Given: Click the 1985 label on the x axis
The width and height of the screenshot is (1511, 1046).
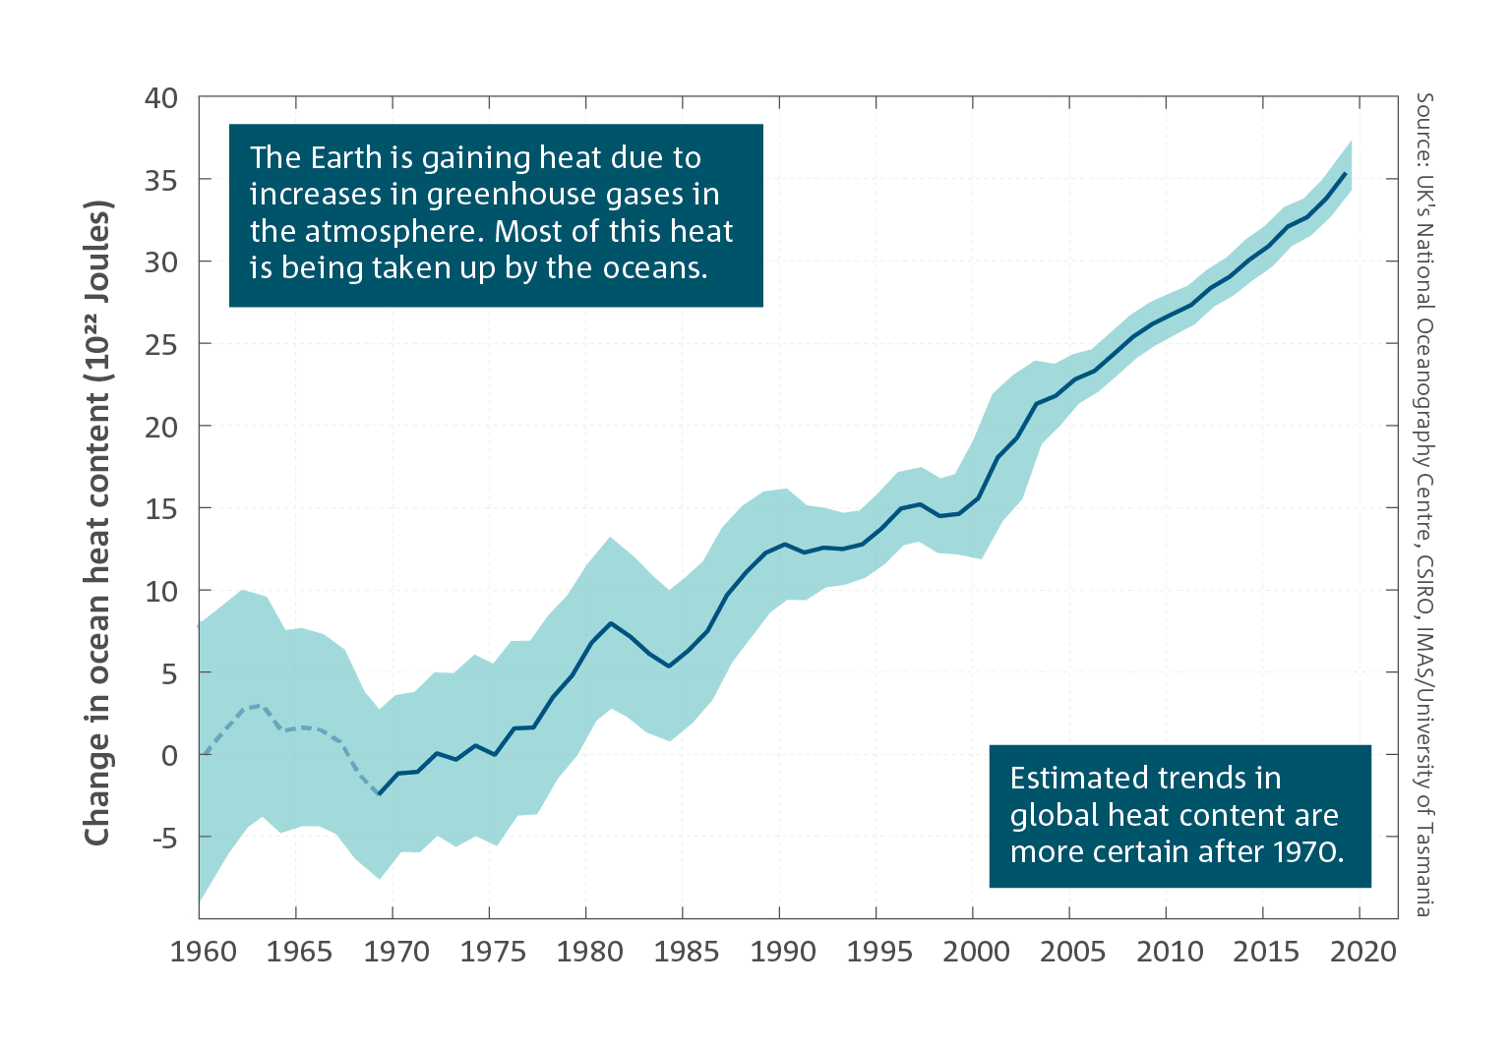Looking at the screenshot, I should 687,952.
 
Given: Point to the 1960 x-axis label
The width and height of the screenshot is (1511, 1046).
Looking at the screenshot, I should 204,952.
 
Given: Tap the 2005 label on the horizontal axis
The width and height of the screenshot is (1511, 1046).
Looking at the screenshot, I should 1072,952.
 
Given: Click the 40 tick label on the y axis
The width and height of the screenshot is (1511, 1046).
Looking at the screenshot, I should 160,98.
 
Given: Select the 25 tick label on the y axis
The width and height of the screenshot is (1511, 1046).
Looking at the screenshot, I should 160,345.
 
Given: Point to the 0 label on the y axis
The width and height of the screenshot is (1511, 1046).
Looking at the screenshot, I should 169,756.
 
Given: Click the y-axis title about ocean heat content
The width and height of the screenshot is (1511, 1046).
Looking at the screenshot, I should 97,522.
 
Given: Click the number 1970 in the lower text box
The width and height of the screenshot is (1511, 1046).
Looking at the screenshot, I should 1303,851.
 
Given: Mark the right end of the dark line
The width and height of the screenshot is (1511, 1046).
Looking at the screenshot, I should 1346,173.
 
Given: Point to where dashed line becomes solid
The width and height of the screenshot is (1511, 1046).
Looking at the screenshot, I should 380,794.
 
